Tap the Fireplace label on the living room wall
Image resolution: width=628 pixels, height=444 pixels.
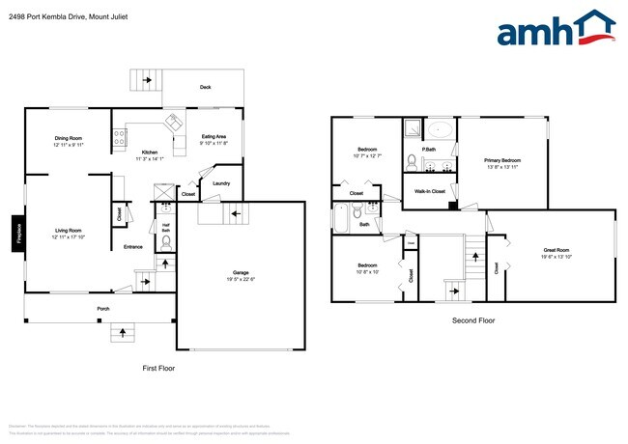[x=17, y=234]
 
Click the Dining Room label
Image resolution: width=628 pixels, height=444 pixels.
[x=68, y=138]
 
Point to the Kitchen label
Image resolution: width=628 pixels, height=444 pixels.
[x=150, y=153]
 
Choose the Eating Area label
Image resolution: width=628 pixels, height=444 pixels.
[x=214, y=137]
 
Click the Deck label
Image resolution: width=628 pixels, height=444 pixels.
[x=205, y=88]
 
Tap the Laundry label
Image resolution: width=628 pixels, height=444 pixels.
[x=220, y=183]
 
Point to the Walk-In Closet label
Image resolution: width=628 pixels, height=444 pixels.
[x=430, y=191]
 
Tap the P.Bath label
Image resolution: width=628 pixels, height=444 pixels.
[x=429, y=149]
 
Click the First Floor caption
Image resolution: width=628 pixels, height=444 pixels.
[x=158, y=368]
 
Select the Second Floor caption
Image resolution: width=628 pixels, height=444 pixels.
[x=473, y=319]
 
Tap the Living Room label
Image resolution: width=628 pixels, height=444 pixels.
[x=68, y=230]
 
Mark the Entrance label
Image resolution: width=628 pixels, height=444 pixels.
[x=133, y=247]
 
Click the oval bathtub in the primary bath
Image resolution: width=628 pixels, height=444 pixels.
[x=441, y=129]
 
